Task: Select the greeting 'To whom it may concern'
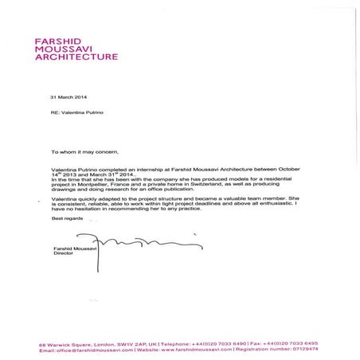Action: click(82, 151)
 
